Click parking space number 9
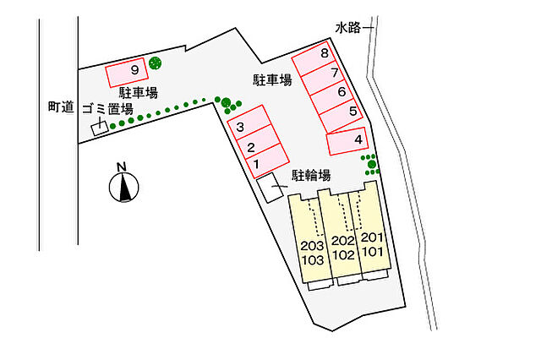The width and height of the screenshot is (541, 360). click(x=127, y=72)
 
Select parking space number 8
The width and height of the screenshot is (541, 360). click(x=314, y=58)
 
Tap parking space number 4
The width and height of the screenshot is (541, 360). click(x=347, y=141)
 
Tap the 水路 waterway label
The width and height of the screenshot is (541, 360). click(x=347, y=28)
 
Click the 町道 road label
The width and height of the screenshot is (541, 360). click(x=61, y=106)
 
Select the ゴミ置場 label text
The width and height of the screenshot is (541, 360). click(x=107, y=109)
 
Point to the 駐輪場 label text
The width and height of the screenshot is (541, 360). click(x=311, y=175)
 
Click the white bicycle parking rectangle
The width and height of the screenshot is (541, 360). click(x=270, y=188)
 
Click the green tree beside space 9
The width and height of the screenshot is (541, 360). click(x=155, y=63)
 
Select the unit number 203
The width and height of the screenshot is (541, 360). click(x=312, y=246)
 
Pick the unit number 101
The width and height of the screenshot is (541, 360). click(x=373, y=252)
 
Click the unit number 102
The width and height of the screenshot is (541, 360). click(x=343, y=255)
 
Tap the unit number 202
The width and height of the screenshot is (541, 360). click(x=343, y=241)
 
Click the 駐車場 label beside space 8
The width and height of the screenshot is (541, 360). click(x=272, y=80)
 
